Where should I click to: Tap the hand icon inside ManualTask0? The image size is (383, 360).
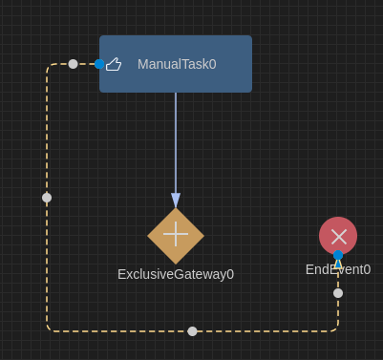click(114, 64)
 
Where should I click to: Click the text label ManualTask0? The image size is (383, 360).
click(177, 64)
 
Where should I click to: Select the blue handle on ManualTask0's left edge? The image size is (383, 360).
click(99, 64)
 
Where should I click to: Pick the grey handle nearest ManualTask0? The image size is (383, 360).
click(73, 64)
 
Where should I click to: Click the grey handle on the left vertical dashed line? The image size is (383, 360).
click(47, 198)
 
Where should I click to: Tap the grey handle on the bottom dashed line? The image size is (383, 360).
click(192, 331)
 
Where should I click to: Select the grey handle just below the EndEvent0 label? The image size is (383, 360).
click(338, 293)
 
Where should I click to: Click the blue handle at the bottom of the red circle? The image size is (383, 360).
click(338, 255)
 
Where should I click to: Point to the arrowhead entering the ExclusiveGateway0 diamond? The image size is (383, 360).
click(176, 201)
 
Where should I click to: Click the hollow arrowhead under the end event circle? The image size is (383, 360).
click(338, 263)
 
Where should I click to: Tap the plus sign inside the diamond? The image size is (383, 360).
click(176, 234)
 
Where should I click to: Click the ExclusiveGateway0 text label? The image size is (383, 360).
click(176, 274)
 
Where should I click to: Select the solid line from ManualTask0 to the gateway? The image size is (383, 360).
click(176, 143)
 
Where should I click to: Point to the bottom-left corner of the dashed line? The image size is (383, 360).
click(49, 329)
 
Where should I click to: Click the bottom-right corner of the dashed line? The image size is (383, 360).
click(336, 329)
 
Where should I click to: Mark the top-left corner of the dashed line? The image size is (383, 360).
click(49, 66)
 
